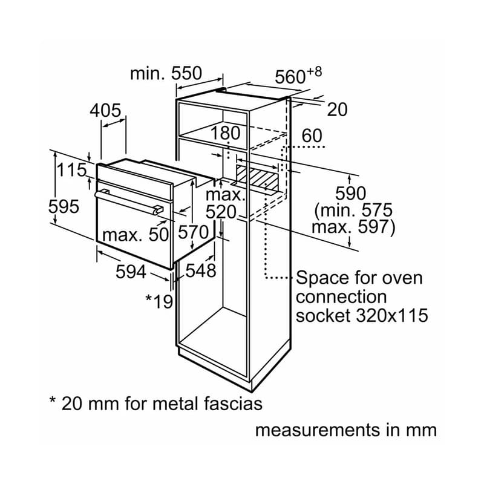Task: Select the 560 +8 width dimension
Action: click(298, 76)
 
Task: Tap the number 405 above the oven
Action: click(105, 111)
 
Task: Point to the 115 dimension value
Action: click(72, 170)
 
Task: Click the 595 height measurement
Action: click(64, 206)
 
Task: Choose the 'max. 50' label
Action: click(134, 235)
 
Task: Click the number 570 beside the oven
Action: click(194, 232)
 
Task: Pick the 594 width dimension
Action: click(131, 272)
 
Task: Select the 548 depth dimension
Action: click(201, 270)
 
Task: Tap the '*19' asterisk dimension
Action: click(160, 301)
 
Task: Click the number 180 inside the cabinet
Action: click(226, 132)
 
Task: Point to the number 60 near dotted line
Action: click(312, 136)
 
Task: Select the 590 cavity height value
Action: click(352, 194)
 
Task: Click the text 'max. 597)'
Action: click(353, 227)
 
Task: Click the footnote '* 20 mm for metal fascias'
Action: click(155, 403)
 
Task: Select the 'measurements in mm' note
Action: click(345, 430)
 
